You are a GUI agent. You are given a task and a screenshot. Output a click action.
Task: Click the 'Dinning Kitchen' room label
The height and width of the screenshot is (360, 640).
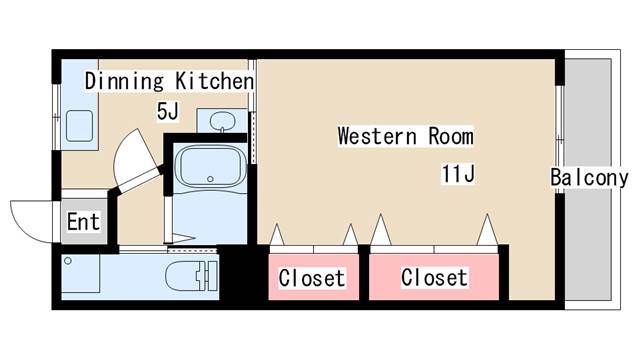168,80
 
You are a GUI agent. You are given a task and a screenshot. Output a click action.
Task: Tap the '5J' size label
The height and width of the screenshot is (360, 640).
167,110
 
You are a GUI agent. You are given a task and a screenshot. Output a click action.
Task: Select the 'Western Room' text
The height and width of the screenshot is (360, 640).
405,135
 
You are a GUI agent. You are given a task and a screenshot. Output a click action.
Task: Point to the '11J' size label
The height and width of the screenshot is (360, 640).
457,174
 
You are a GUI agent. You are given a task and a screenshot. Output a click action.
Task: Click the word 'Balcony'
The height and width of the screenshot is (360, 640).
589,178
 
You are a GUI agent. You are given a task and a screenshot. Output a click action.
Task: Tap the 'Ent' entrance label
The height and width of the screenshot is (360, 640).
83,221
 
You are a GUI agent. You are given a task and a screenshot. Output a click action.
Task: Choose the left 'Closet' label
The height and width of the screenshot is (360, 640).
311,278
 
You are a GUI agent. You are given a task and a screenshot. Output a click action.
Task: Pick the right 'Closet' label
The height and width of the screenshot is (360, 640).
434,277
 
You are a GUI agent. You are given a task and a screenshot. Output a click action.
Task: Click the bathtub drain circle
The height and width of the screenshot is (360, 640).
210,180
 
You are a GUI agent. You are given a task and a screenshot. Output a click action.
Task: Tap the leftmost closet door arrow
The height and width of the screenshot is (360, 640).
277,234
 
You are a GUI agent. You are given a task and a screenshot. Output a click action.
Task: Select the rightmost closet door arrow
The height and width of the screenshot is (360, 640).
486,230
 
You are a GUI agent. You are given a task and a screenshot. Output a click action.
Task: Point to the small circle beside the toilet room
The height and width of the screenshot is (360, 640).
68,261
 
